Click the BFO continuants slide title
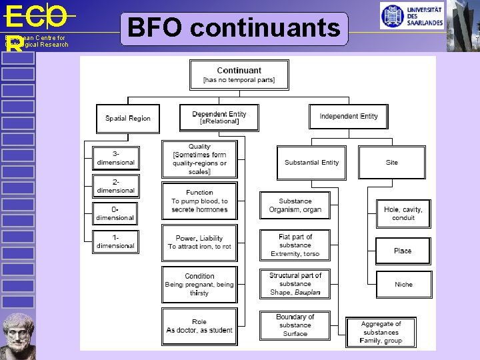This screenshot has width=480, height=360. click(x=234, y=29)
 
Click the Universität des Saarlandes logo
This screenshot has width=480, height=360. click(x=411, y=15)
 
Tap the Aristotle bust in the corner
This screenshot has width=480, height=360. click(x=18, y=335)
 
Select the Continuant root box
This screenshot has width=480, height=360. click(x=239, y=75)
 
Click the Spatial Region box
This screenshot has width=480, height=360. click(x=128, y=118)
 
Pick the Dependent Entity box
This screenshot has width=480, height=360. click(x=219, y=117)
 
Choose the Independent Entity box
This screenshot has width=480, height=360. click(x=348, y=117)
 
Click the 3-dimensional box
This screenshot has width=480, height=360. click(x=115, y=158)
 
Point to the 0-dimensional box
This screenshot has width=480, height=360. click(x=115, y=213)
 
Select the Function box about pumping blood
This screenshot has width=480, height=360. click(x=199, y=201)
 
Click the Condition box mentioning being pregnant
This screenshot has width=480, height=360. click(x=199, y=284)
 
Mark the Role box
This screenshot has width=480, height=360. click(x=199, y=326)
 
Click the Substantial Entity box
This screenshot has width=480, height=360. click(x=311, y=163)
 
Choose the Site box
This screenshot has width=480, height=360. click(x=391, y=163)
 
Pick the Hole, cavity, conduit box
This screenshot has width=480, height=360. click(x=403, y=213)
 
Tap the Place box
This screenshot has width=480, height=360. click(x=403, y=251)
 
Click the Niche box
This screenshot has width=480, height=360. click(x=403, y=284)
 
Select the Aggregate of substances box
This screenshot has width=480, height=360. click(x=381, y=332)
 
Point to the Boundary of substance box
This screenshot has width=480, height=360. click(x=295, y=325)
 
